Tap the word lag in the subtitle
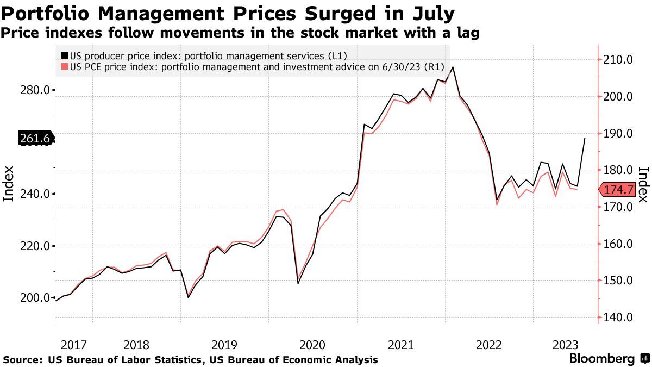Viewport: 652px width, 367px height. [x=466, y=33]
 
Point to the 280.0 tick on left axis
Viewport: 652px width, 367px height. [x=35, y=90]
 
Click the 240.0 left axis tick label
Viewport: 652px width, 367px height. [x=35, y=194]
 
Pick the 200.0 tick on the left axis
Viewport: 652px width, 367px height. [x=35, y=298]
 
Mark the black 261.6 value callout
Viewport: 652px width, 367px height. [x=36, y=139]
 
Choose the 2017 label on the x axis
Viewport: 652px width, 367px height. [x=74, y=345]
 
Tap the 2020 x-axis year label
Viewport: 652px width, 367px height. [x=312, y=345]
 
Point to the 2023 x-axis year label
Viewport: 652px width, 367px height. [x=565, y=345]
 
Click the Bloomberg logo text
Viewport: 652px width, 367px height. [x=601, y=359]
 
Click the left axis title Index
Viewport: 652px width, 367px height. [x=9, y=184]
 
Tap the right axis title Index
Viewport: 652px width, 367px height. [x=643, y=184]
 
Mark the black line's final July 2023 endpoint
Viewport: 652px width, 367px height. [x=585, y=138]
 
